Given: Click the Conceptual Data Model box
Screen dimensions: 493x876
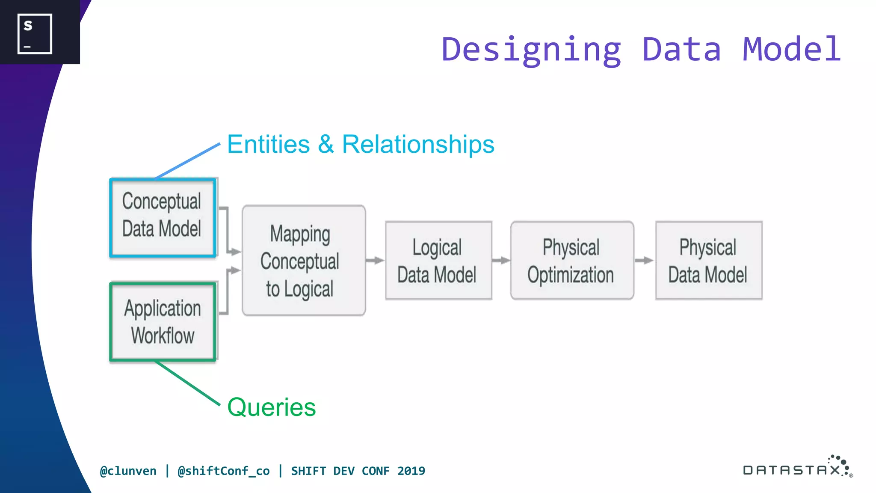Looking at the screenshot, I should [162, 218].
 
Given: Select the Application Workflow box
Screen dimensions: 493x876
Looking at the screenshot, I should [163, 321].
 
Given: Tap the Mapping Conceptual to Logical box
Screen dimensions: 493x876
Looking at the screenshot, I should [304, 261].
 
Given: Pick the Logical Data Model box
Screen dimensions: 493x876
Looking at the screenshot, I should [438, 261].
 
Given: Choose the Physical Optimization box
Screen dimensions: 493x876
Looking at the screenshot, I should [572, 261].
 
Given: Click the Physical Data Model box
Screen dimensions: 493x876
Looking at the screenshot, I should [708, 261].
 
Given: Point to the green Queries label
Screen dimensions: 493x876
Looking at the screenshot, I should [272, 407].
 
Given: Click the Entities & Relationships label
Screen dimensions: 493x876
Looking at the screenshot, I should [361, 144].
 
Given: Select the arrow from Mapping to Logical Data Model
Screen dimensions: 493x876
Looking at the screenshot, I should [375, 260].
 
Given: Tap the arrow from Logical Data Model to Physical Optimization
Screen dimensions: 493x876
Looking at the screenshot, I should [501, 260].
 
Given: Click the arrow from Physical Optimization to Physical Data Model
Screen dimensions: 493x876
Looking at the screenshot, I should [644, 260].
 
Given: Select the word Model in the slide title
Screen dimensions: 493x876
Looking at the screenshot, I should [792, 49].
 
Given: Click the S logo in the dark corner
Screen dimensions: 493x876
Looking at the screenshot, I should [35, 34].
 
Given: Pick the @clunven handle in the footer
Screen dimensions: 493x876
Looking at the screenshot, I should [128, 471].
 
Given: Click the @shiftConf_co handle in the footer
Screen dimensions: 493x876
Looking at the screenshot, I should [224, 471].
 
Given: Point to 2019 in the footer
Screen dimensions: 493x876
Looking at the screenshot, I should [411, 471].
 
